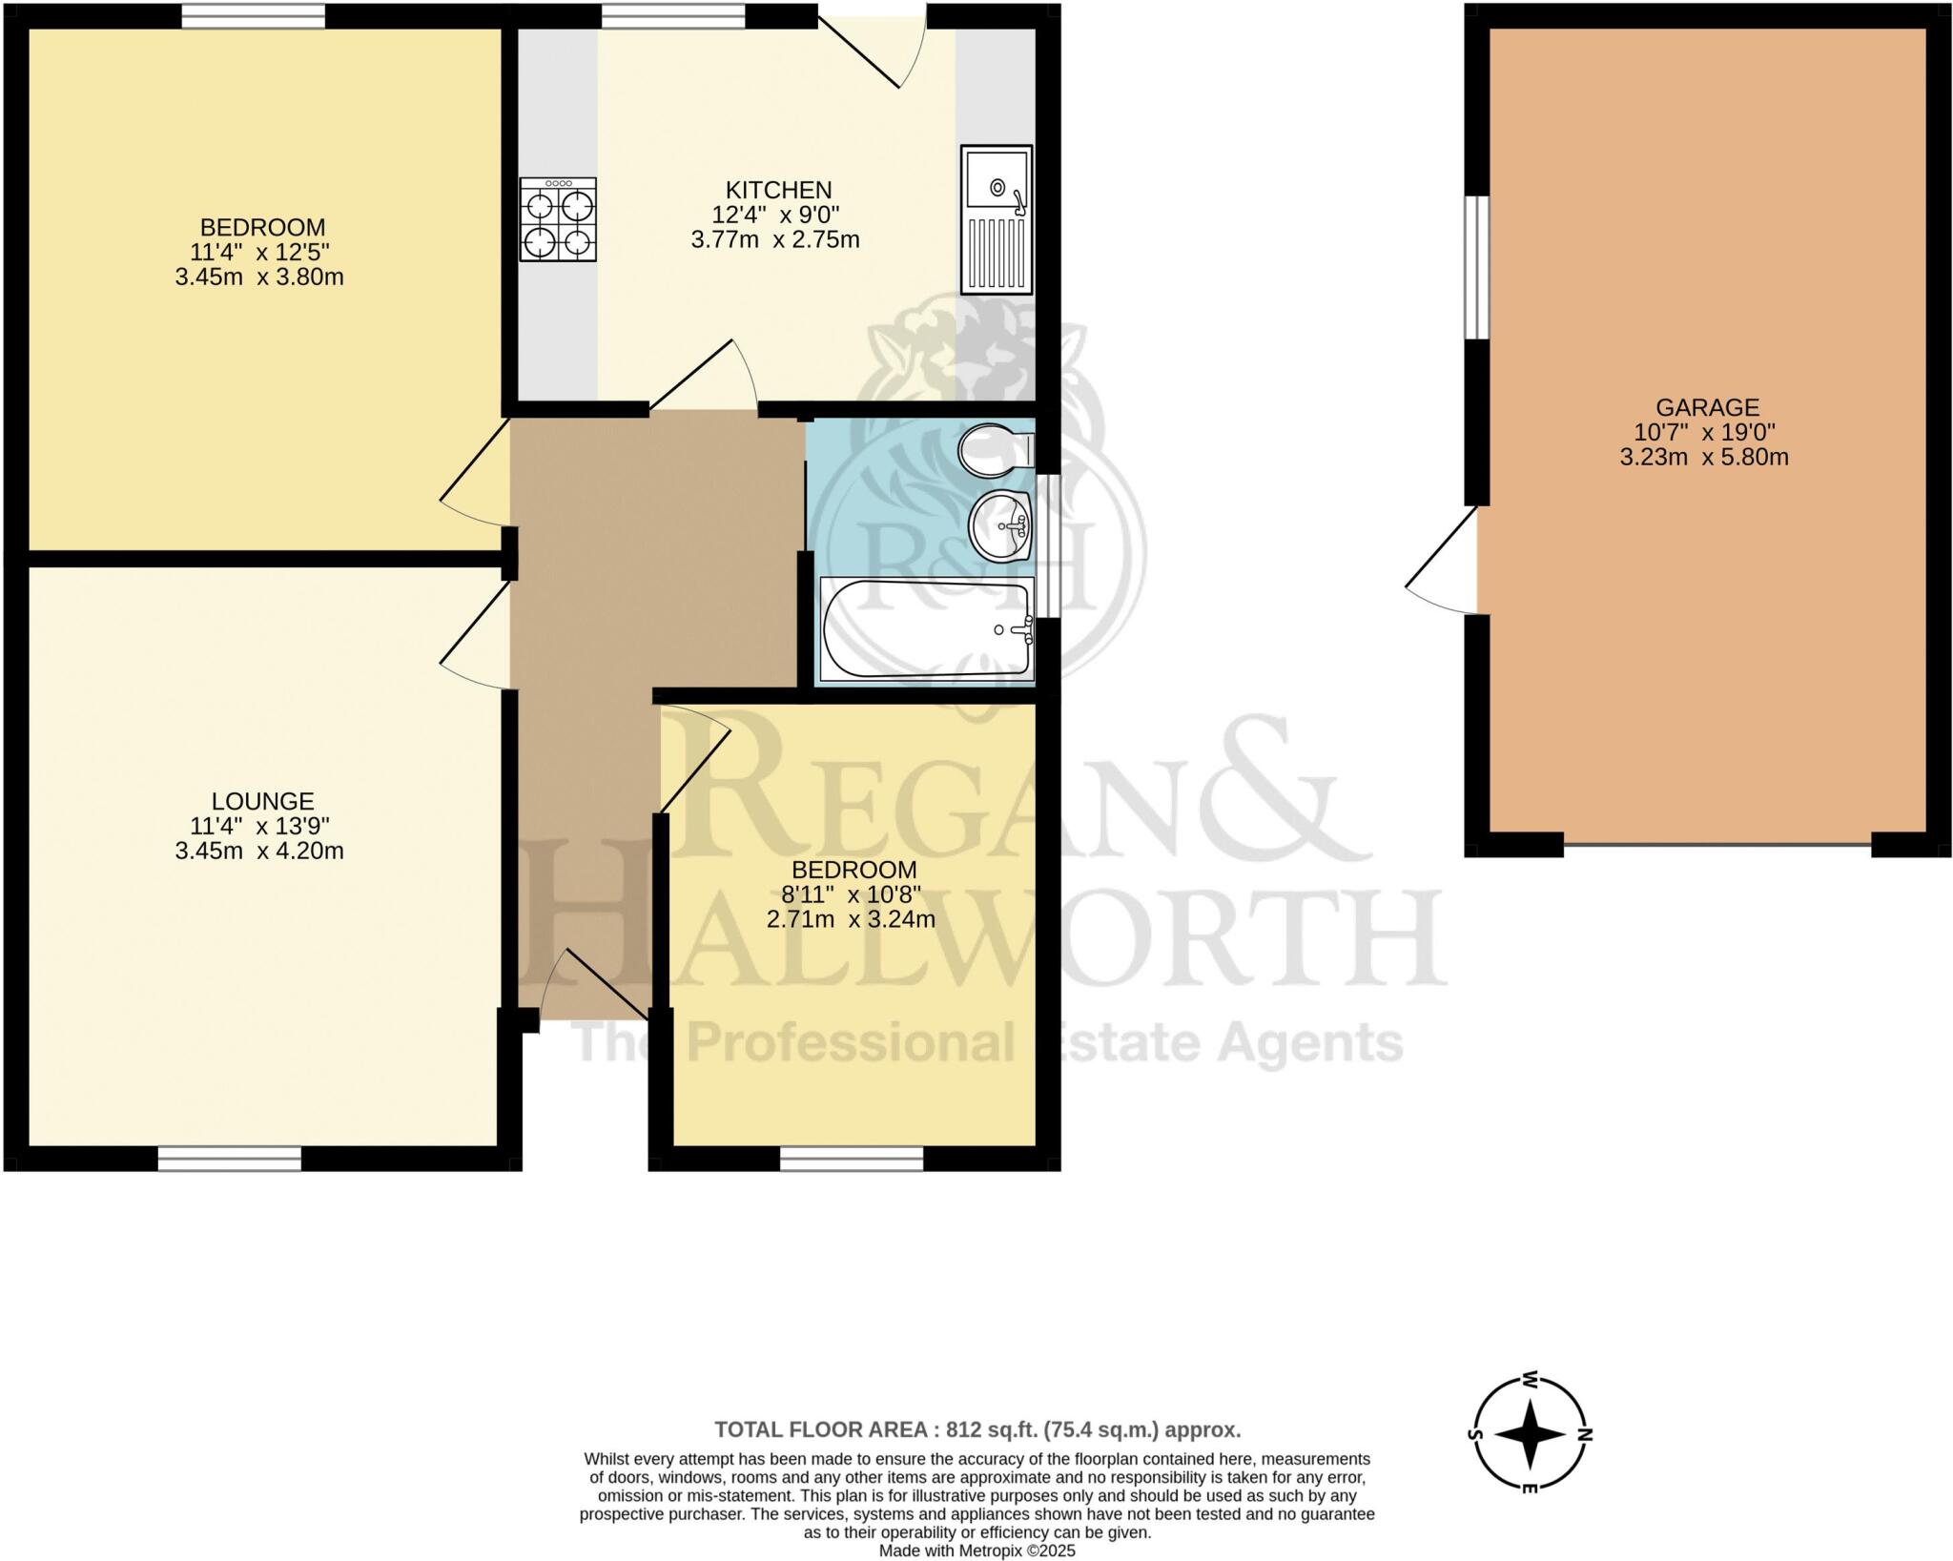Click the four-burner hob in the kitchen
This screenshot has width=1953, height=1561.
(558, 219)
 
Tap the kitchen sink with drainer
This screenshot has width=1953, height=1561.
(996, 219)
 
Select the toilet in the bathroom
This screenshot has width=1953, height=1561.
(996, 450)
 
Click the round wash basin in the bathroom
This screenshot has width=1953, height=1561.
(1001, 526)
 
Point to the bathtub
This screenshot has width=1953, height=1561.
(926, 629)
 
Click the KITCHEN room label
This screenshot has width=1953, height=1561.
(778, 190)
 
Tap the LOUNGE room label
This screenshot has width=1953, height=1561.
(262, 801)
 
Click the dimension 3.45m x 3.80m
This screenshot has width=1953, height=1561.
(259, 277)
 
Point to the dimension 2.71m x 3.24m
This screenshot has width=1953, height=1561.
(851, 919)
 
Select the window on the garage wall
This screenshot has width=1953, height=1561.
(1476, 267)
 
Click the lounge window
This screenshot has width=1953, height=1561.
(229, 1159)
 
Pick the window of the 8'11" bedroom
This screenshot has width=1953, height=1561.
(851, 1159)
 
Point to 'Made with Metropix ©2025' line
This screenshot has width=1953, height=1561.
(976, 1551)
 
